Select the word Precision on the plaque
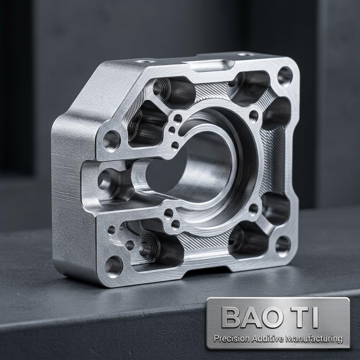232,338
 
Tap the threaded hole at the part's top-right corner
285,76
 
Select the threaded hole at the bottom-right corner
283,246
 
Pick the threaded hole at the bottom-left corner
114,266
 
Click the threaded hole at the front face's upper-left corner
111,140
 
